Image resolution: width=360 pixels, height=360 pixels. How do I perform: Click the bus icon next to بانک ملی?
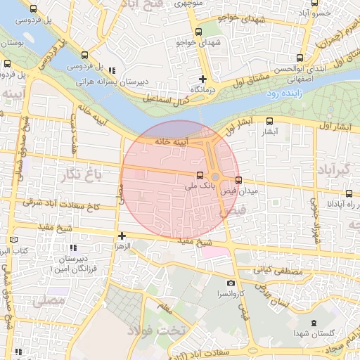click(200, 175)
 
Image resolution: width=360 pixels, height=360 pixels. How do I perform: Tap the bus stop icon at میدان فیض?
click(239, 179)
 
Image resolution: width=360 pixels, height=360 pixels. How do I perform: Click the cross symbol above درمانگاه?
click(202, 79)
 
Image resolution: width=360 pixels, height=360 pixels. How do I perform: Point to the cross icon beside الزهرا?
click(122, 236)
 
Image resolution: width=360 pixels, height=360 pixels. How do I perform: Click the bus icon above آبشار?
click(270, 121)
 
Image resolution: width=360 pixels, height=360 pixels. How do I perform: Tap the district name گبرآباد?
click(337, 170)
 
